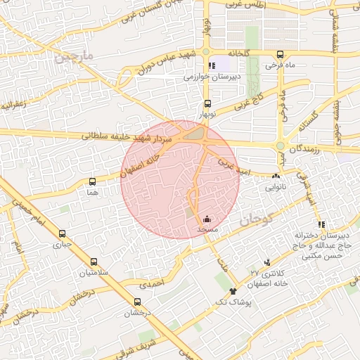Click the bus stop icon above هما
[93, 181]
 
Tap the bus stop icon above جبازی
[62, 234]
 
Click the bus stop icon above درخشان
[137, 302]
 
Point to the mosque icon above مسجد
[206, 219]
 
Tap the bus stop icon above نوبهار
[206, 103]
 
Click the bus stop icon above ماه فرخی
[281, 54]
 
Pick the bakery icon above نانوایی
[275, 177]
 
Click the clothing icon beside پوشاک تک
[233, 290]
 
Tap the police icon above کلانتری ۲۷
[266, 261]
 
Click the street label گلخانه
[238, 53]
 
